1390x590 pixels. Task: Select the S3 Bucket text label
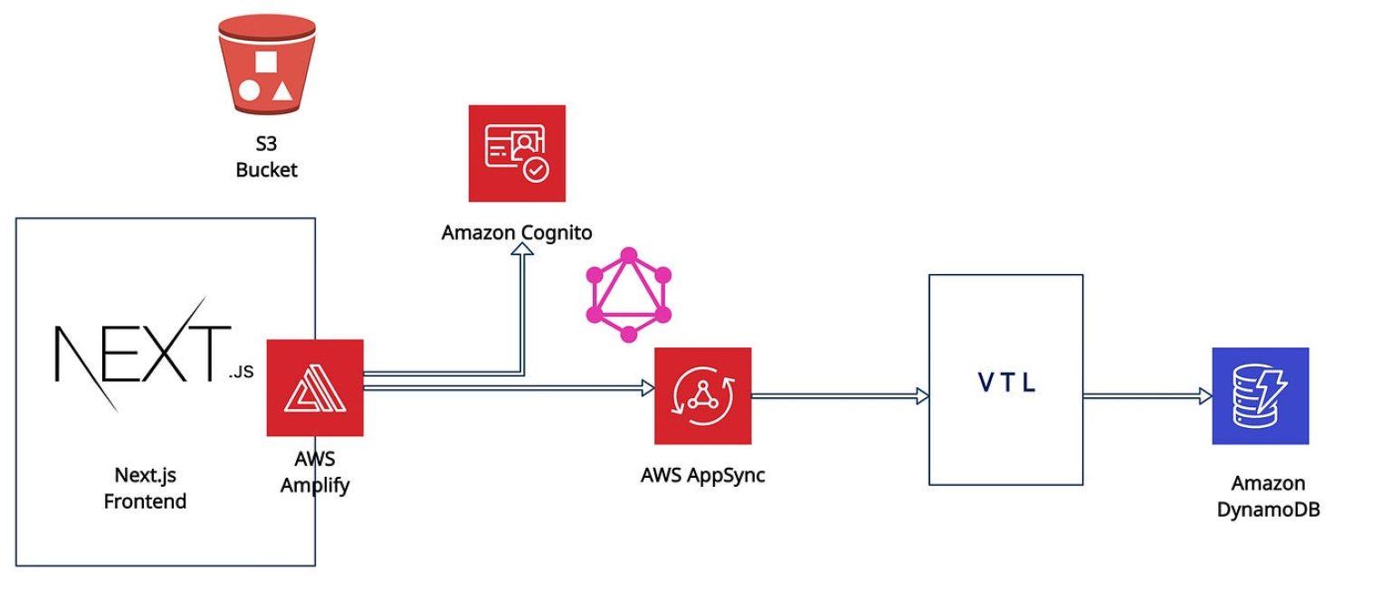(x=265, y=156)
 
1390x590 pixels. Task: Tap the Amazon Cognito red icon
(x=517, y=153)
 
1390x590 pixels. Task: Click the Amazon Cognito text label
(x=517, y=233)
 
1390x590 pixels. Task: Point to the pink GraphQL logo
(x=627, y=294)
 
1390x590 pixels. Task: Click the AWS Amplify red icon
(x=314, y=387)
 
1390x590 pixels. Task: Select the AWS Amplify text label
(x=314, y=472)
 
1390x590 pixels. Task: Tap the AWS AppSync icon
(x=703, y=395)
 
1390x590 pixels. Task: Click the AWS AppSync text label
(x=703, y=474)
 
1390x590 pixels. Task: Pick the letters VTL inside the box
(x=1006, y=382)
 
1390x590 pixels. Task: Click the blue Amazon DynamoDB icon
(x=1261, y=395)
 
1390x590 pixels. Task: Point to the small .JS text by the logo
(x=242, y=371)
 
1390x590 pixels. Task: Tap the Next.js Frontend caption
(x=145, y=488)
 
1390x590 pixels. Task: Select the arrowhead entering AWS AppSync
(x=647, y=388)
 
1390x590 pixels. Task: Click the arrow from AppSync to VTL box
(x=837, y=395)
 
